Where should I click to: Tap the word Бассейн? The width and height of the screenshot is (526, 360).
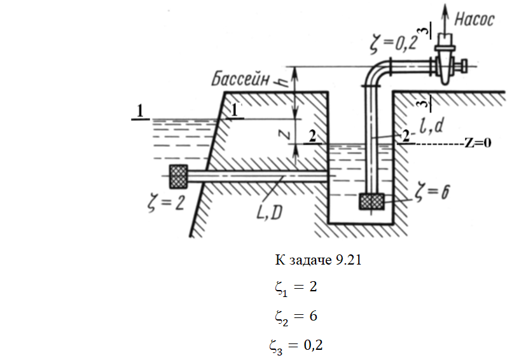243,81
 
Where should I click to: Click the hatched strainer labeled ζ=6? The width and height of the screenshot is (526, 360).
372,202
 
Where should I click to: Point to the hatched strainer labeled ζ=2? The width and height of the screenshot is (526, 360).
179,176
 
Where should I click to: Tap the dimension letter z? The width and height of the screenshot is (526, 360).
287,134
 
